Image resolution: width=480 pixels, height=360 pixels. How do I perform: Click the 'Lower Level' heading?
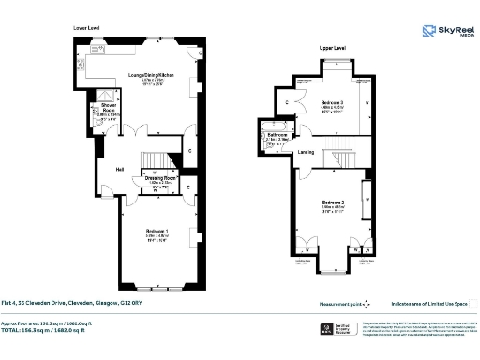tap(86, 29)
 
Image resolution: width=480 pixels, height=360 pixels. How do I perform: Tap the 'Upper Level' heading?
tap(332, 46)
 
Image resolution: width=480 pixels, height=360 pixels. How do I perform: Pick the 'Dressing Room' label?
tap(158, 178)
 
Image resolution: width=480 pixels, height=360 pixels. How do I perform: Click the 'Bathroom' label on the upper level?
tap(277, 136)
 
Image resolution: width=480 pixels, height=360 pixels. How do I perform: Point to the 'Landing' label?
tap(307, 153)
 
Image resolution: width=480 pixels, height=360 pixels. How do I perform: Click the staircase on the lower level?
tap(153, 158)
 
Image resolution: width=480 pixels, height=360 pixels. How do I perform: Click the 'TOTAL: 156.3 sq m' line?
tap(58, 329)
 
